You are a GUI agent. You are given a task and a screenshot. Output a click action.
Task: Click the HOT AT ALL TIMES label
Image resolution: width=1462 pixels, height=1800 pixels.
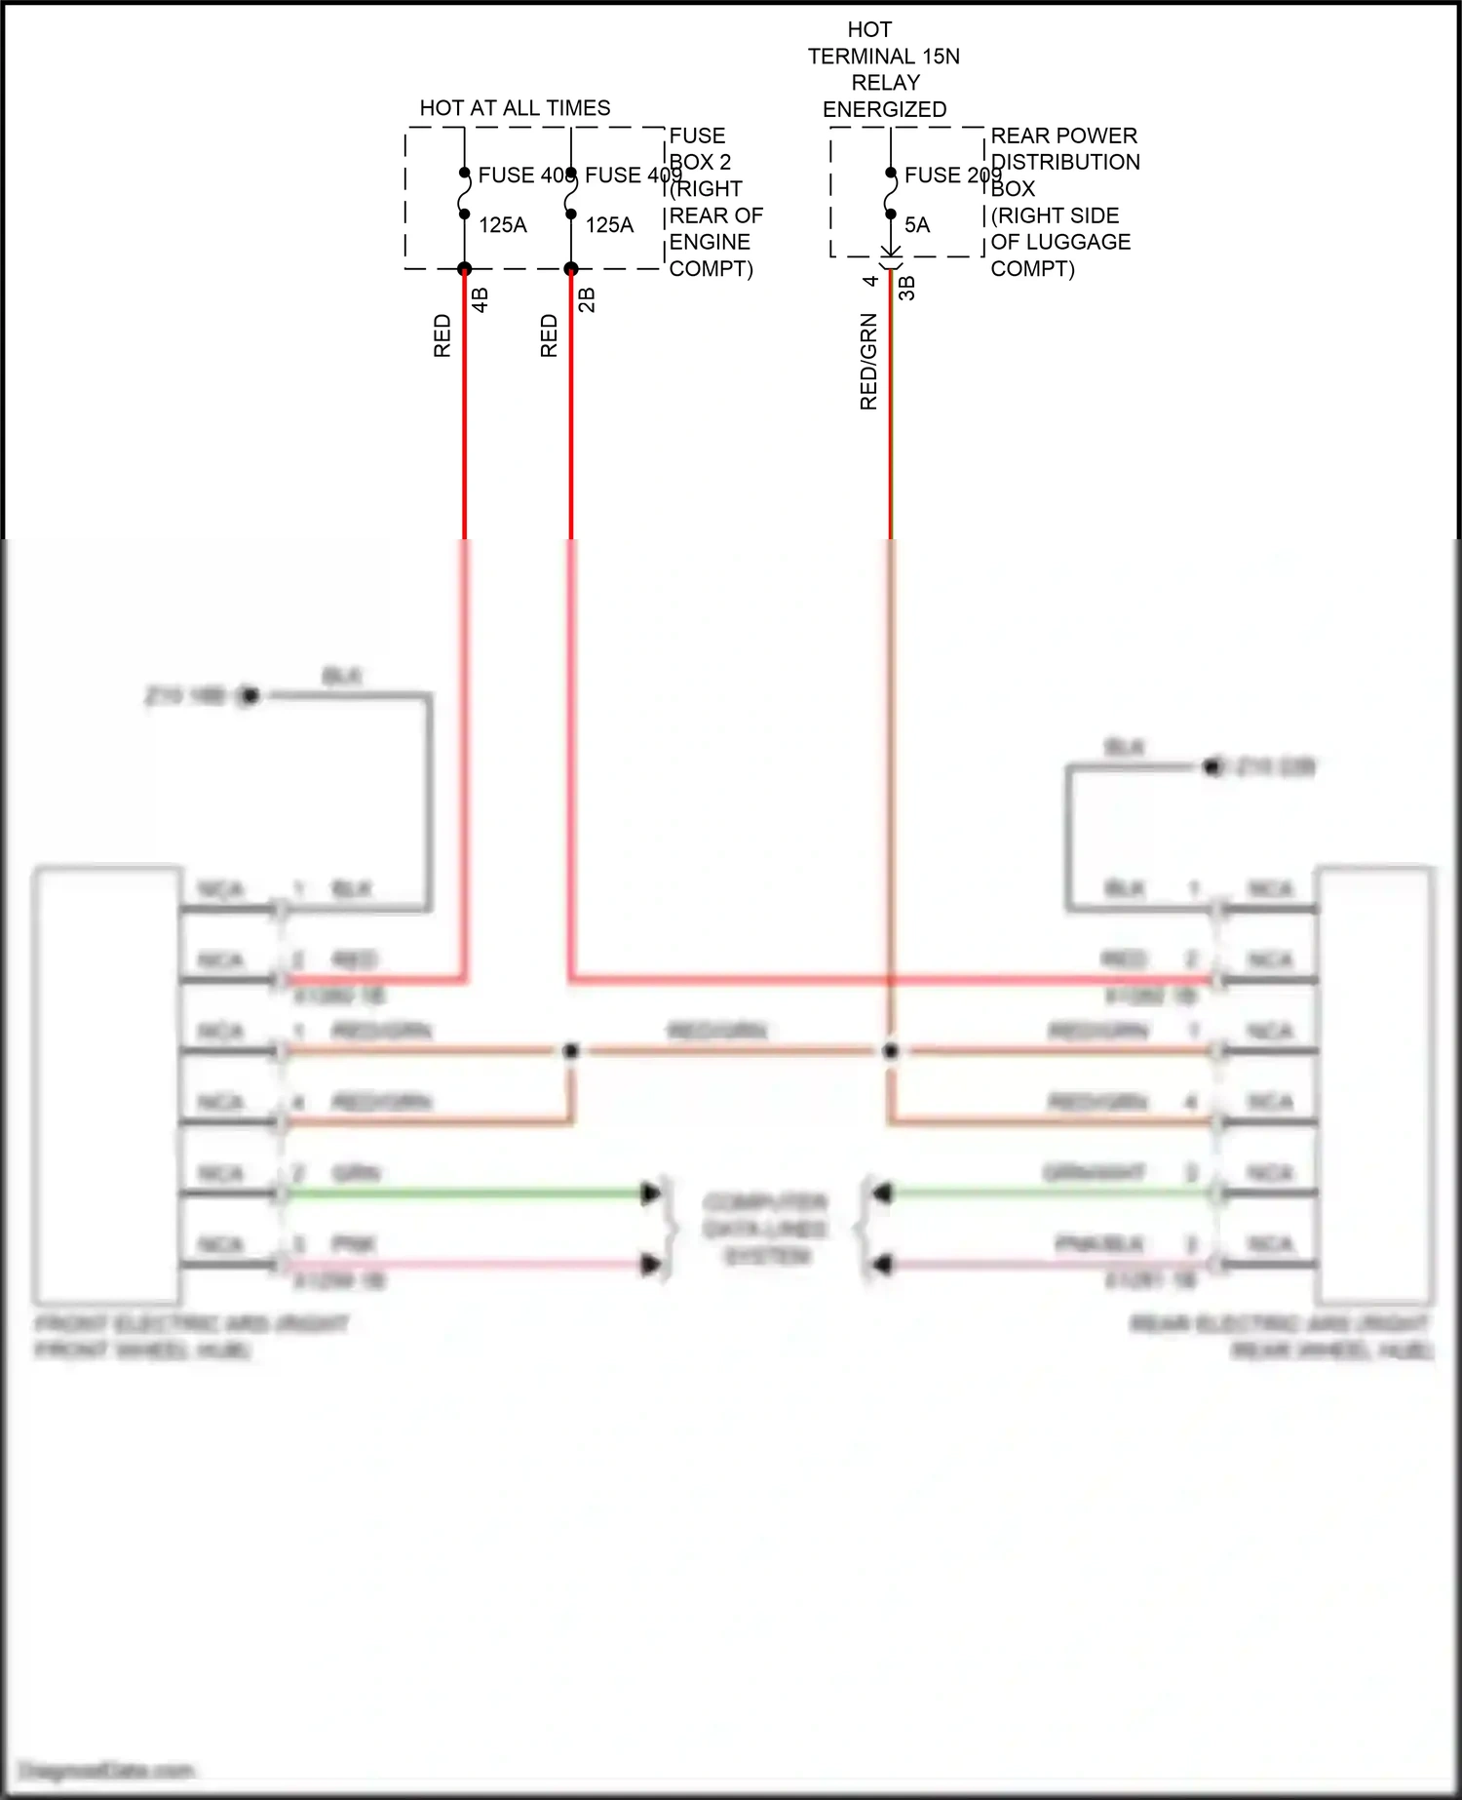(515, 108)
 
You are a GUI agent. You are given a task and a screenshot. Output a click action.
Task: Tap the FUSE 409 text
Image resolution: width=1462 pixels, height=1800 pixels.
(633, 176)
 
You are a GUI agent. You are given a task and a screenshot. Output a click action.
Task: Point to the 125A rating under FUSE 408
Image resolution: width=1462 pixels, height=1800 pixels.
(503, 225)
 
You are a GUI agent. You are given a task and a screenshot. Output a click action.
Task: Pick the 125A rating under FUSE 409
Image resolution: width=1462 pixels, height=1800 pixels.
(609, 225)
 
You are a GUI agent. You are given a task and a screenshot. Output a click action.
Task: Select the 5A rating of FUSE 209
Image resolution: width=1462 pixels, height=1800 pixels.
(917, 225)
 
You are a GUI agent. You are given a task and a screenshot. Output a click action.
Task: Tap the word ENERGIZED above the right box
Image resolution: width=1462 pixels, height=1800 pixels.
(884, 109)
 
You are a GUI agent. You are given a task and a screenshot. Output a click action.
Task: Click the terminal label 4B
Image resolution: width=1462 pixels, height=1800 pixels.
(480, 299)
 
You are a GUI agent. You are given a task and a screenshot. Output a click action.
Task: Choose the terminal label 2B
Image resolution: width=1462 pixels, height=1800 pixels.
(587, 299)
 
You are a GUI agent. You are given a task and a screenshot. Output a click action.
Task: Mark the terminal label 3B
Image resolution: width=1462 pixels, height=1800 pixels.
(906, 289)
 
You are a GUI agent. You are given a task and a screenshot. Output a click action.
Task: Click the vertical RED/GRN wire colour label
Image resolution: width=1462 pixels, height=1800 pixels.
(868, 362)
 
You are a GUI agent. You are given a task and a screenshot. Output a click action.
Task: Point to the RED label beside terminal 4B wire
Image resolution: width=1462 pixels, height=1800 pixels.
(442, 335)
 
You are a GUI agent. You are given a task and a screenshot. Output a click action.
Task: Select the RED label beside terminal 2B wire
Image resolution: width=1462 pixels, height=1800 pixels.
(549, 335)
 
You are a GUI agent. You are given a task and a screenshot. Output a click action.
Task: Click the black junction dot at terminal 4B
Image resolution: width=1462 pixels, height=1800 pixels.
(464, 269)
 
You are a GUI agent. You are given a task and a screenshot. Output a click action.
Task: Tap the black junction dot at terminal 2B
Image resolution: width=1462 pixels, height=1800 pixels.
(571, 269)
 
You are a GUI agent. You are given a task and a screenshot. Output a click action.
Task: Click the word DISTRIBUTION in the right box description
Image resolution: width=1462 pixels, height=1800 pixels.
(1065, 162)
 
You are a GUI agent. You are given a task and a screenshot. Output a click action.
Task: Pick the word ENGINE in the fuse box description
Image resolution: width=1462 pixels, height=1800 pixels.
(710, 242)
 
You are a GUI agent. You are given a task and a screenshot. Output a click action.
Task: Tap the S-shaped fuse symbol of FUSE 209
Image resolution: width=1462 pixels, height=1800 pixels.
(891, 194)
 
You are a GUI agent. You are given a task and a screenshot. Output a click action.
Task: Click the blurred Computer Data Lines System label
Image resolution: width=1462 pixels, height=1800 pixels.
(766, 1229)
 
